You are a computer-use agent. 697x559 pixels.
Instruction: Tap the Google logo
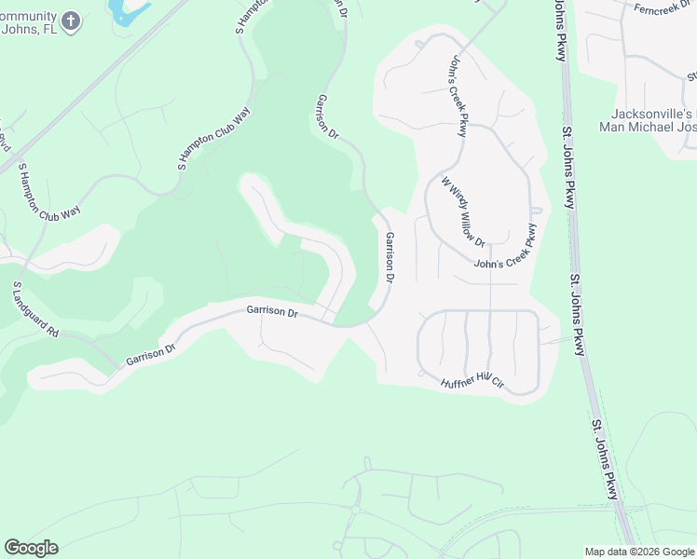(31, 548)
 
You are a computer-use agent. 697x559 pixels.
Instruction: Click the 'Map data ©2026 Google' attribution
(639, 552)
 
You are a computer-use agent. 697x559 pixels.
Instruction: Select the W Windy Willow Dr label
(464, 211)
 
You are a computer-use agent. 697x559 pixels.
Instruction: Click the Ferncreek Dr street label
(663, 9)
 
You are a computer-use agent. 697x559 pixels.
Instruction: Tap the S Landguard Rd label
(36, 309)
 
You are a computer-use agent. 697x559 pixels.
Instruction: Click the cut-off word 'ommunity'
(28, 15)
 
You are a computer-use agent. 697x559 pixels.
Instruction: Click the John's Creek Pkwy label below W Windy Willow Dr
(507, 247)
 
